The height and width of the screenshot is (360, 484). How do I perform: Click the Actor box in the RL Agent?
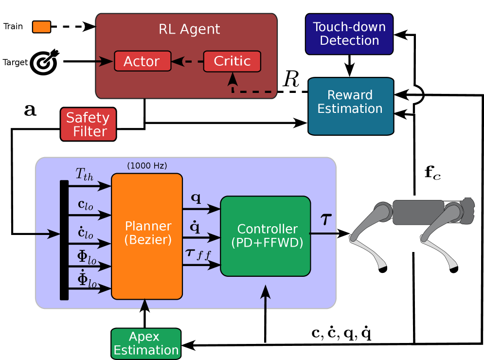[143, 61]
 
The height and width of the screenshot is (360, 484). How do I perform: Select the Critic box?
[232, 61]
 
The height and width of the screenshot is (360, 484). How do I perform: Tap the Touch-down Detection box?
[349, 34]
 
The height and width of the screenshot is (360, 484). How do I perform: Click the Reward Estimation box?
[350, 106]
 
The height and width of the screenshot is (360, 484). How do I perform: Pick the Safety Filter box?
[88, 125]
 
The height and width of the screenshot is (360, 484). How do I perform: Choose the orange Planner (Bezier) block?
[147, 236]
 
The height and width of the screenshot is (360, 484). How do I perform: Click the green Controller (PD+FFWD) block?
[266, 236]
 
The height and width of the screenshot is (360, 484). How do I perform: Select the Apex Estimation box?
[146, 344]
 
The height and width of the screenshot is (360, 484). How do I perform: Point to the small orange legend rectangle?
[41, 27]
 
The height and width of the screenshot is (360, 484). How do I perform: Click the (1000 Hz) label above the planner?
[147, 166]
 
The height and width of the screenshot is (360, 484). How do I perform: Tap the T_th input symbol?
[84, 174]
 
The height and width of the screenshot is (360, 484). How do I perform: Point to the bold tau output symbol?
[326, 220]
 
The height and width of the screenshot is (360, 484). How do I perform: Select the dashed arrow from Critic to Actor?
[187, 62]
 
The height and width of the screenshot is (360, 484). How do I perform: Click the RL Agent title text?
[189, 30]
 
